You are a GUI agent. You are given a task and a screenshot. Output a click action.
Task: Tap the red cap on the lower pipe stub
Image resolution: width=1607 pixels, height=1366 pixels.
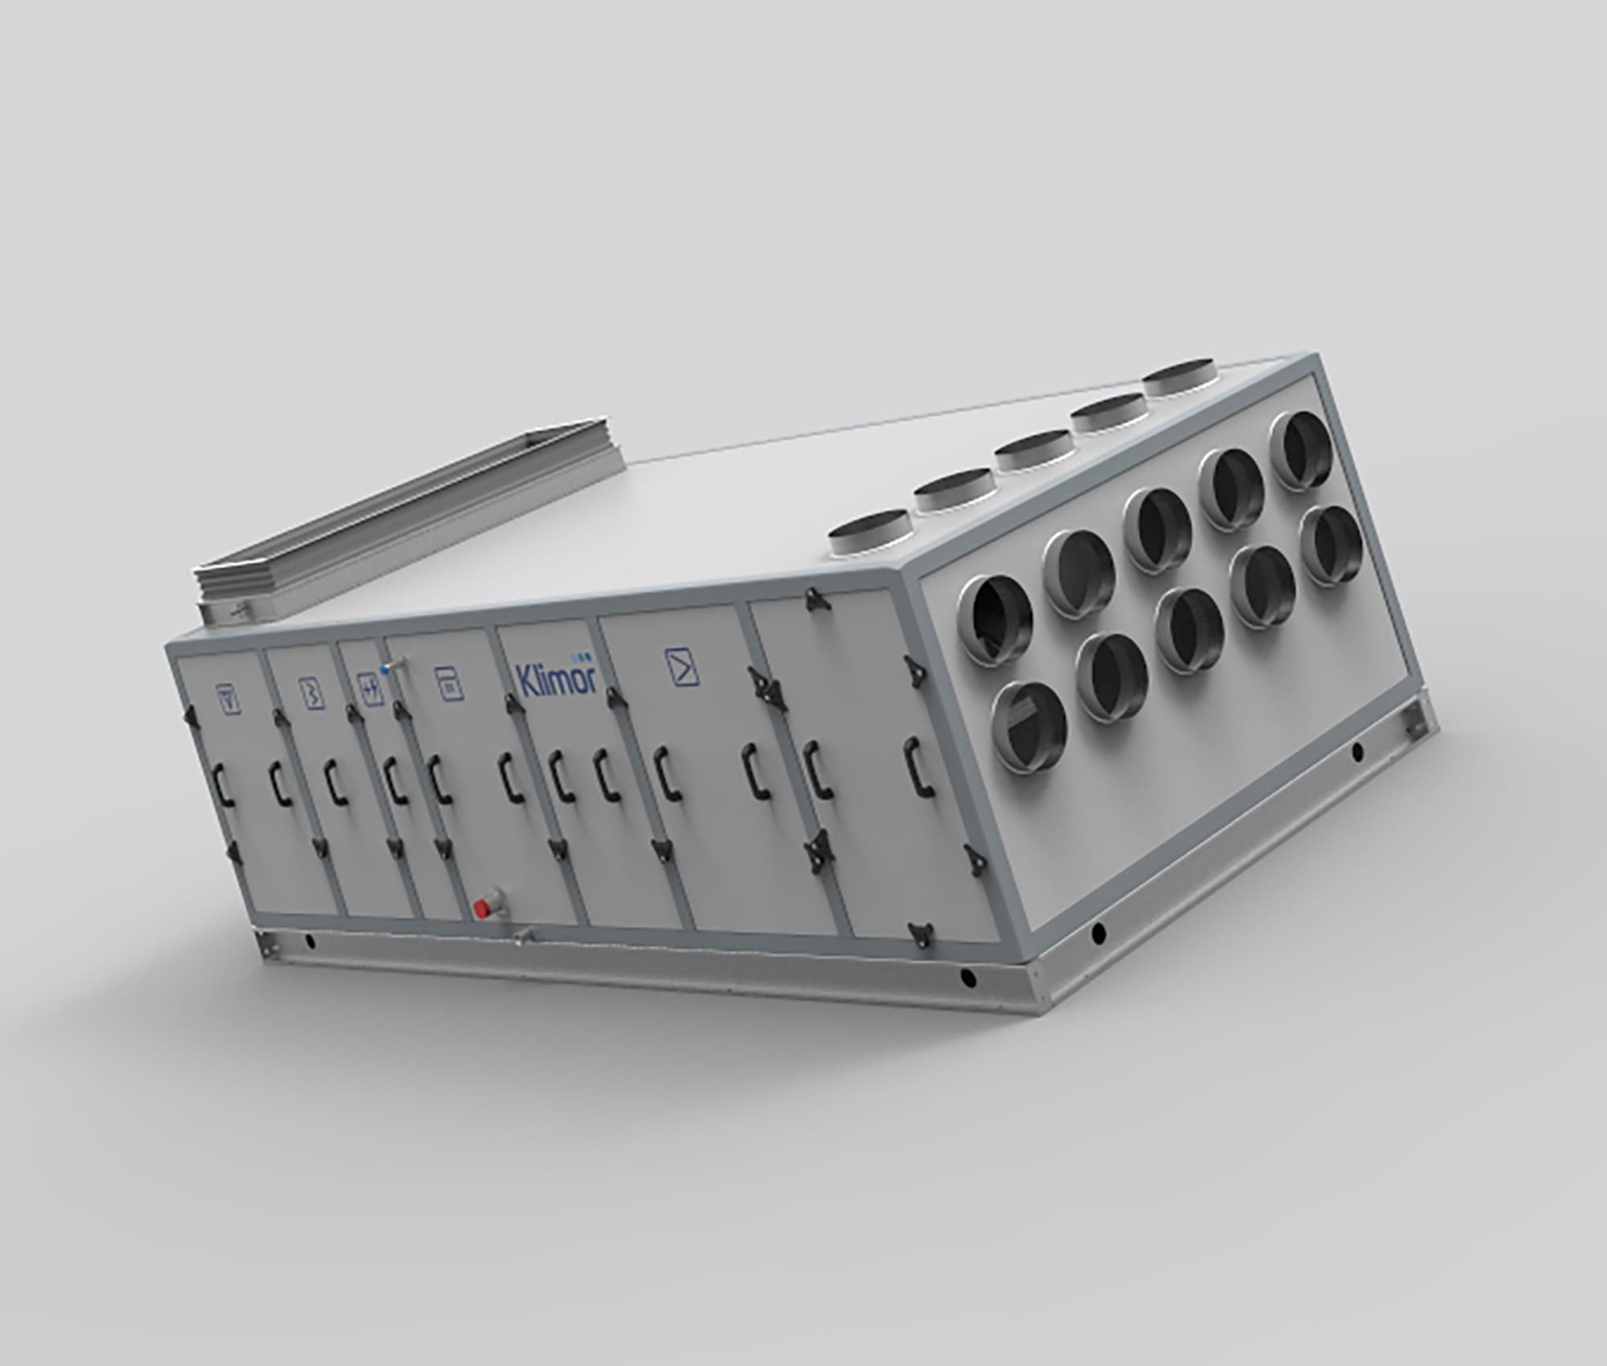(483, 908)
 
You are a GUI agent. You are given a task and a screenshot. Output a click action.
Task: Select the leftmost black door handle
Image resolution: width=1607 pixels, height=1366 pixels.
(223, 783)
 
